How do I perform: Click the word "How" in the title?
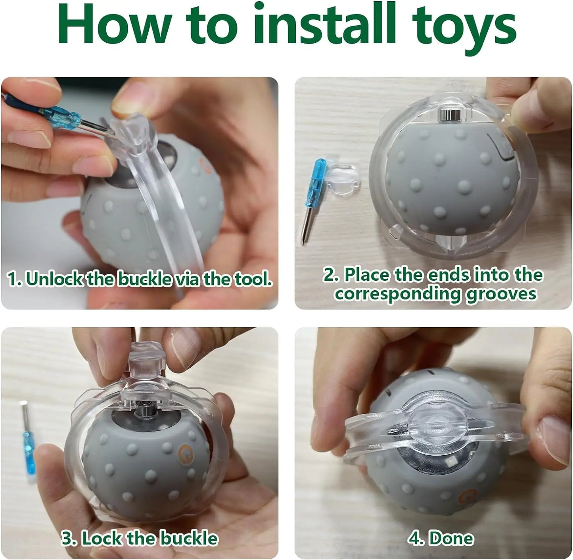115,25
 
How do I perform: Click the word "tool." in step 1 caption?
253,279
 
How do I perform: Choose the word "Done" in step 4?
451,538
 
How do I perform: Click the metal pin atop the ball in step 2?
450,115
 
